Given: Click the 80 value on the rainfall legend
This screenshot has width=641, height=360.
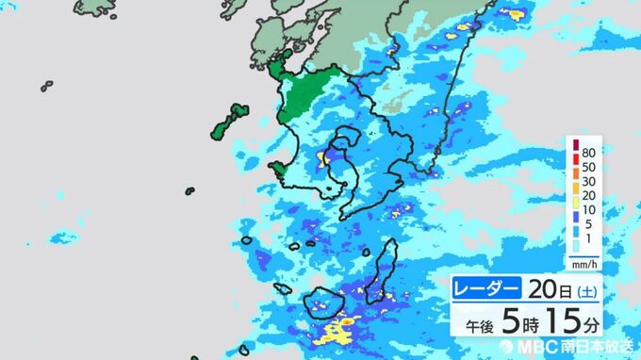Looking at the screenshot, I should tap(588, 153).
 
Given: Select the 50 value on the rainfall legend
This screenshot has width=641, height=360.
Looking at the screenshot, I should tap(588, 167).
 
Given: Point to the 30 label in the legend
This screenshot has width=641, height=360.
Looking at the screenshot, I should tap(588, 182).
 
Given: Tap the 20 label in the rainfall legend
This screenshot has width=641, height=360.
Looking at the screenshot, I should tap(588, 196).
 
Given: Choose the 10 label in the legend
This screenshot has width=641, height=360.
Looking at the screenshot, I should tap(588, 211).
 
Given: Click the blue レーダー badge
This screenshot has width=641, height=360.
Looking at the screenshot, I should tap(485, 286).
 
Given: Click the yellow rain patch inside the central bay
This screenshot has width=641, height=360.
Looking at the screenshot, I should tap(327, 156).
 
